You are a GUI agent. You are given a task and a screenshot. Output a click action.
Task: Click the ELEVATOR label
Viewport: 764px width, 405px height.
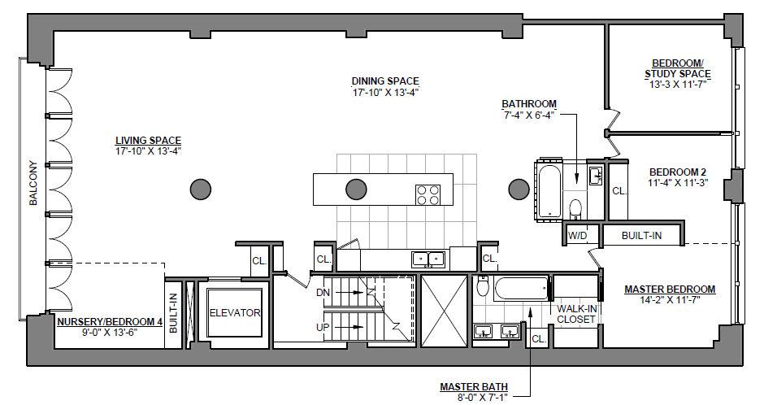pyautogui.click(x=235, y=313)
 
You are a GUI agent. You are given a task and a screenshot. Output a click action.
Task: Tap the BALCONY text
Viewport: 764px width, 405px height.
pyautogui.click(x=33, y=183)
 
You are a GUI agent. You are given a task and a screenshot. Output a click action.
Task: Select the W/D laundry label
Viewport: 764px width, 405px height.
pyautogui.click(x=577, y=236)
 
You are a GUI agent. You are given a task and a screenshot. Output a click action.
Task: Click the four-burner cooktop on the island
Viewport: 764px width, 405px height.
pyautogui.click(x=428, y=195)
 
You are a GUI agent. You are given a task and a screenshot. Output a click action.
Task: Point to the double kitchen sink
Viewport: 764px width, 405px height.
pyautogui.click(x=428, y=259)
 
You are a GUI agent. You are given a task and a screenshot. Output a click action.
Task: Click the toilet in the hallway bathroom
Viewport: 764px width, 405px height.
pyautogui.click(x=575, y=208)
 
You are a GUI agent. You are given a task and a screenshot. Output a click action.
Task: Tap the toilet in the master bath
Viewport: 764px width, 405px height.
pyautogui.click(x=483, y=287)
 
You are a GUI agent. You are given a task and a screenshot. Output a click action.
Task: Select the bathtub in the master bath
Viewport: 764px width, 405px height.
pyautogui.click(x=521, y=288)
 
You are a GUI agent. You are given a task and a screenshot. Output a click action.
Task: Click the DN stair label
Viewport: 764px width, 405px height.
pyautogui.click(x=323, y=293)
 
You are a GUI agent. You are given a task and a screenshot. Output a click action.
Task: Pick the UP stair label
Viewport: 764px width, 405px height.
pyautogui.click(x=323, y=328)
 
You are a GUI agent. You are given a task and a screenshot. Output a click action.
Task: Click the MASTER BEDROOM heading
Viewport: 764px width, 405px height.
pyautogui.click(x=670, y=289)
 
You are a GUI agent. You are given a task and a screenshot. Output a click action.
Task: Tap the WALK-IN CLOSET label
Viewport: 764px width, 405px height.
pyautogui.click(x=576, y=314)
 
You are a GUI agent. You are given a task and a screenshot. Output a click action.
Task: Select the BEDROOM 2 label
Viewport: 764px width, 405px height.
pyautogui.click(x=678, y=172)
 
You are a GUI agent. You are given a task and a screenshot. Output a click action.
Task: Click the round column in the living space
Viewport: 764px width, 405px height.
pyautogui.click(x=200, y=189)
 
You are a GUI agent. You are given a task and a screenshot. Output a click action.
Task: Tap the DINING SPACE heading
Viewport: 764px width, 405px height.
pyautogui.click(x=385, y=81)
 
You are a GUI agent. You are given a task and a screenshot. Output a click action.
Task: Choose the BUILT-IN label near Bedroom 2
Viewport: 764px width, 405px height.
pyautogui.click(x=642, y=236)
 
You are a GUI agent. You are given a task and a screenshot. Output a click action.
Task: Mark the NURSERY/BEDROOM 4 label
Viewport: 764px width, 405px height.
pyautogui.click(x=110, y=322)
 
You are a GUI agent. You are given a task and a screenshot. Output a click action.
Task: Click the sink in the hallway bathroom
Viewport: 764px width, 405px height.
pyautogui.click(x=596, y=176)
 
